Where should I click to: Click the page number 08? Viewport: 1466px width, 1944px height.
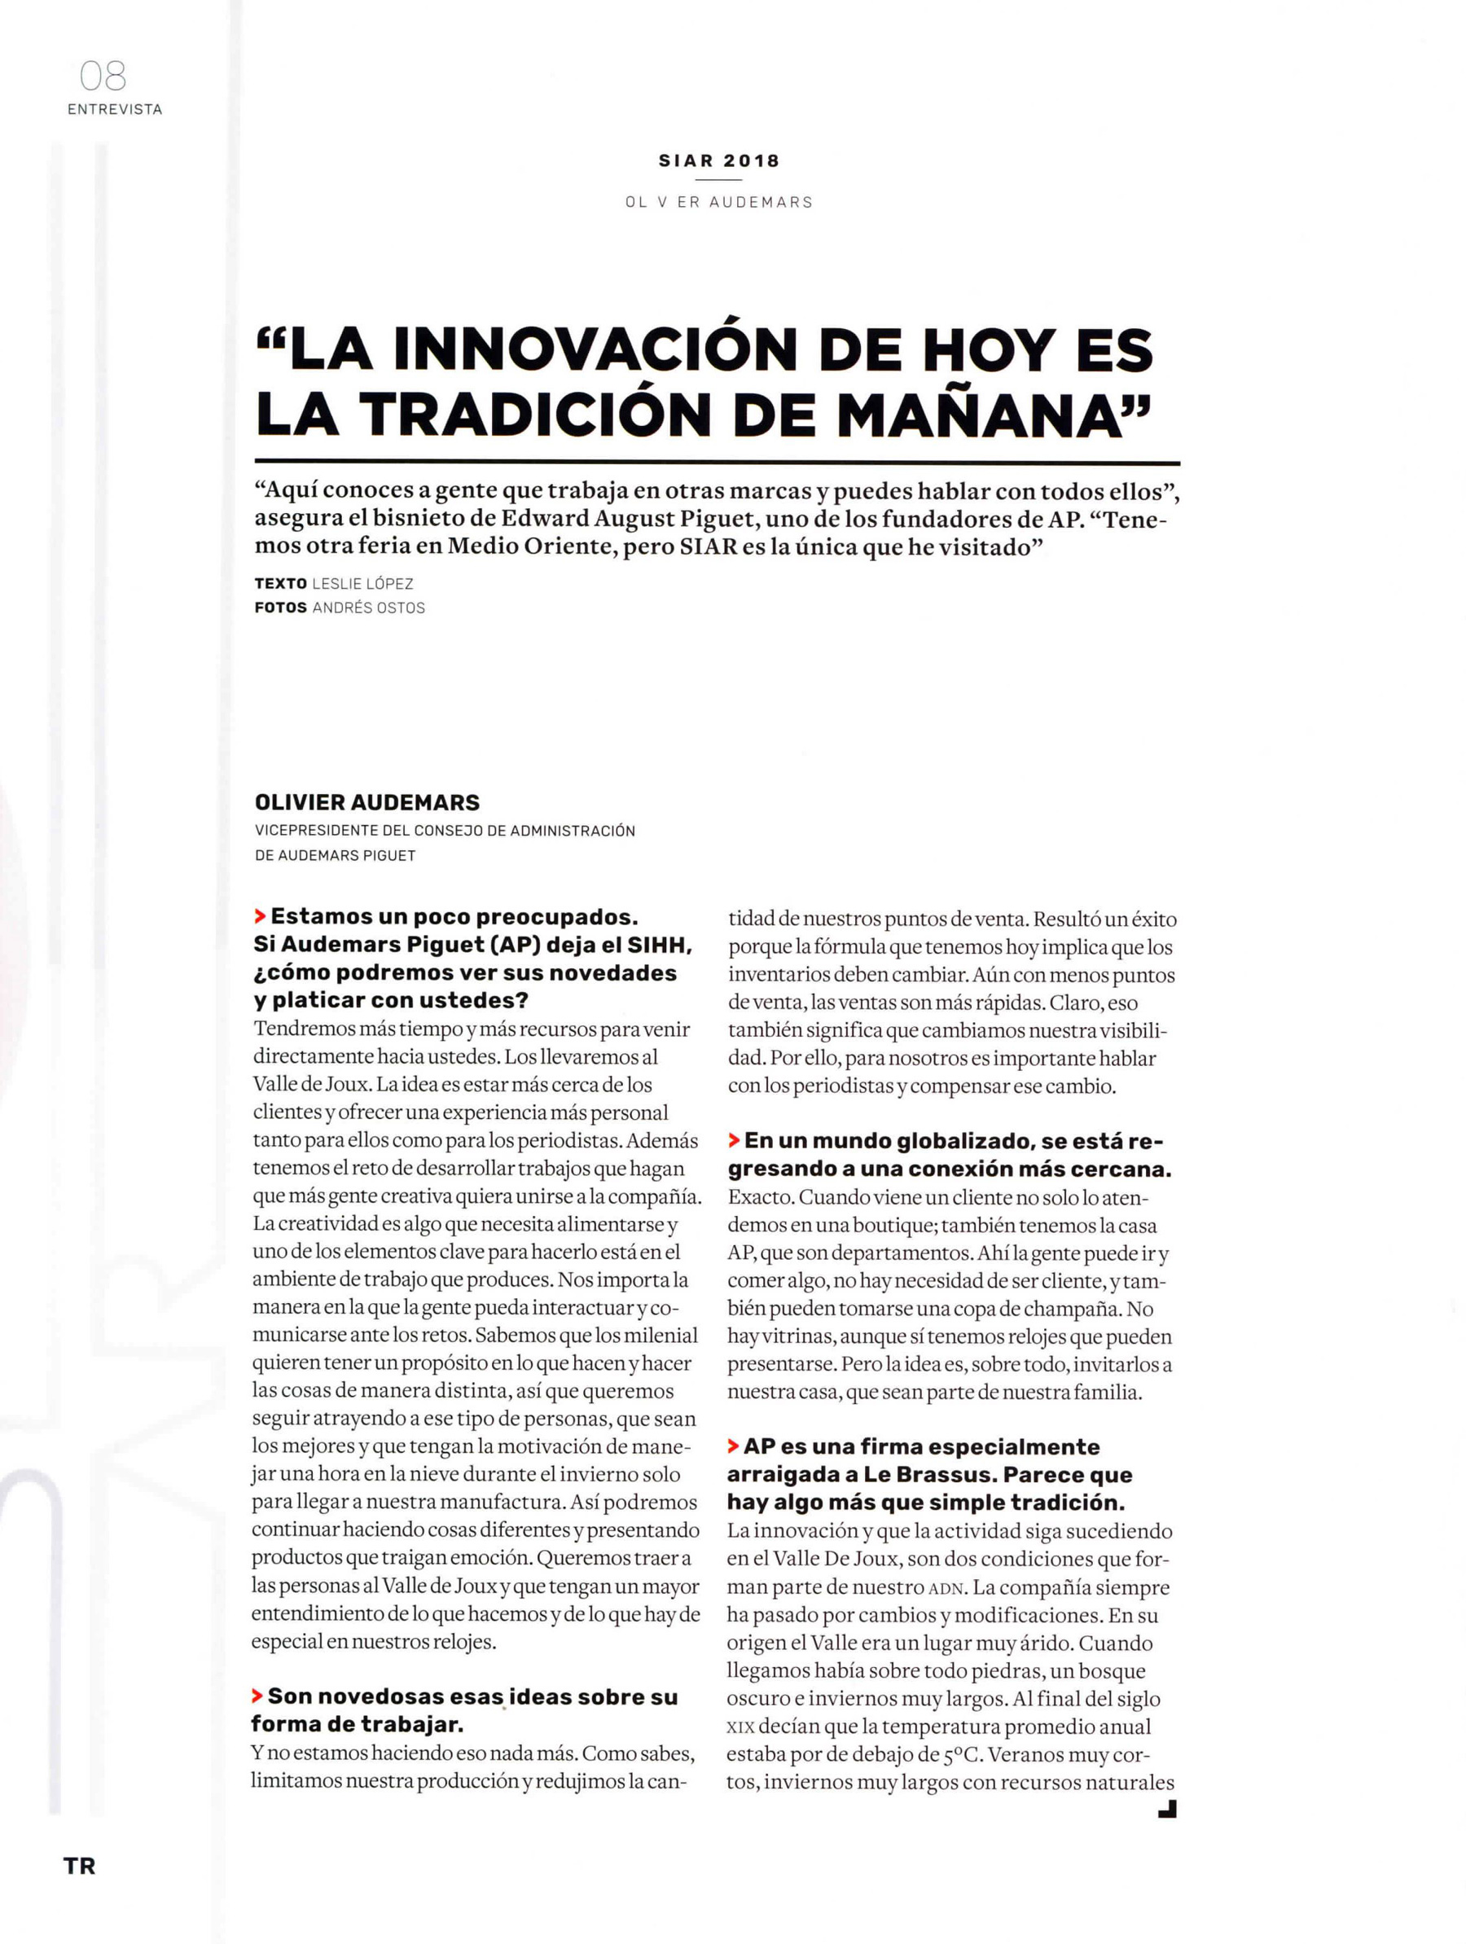click(x=103, y=77)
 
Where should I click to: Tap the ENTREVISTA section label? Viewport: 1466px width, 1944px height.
click(x=115, y=110)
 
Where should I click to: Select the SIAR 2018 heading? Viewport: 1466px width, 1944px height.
click(x=719, y=160)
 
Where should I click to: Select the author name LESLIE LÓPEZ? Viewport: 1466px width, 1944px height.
click(x=362, y=584)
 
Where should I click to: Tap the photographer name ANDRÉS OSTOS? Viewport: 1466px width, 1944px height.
click(x=368, y=608)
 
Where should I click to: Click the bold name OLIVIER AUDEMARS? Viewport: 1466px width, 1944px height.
click(x=367, y=802)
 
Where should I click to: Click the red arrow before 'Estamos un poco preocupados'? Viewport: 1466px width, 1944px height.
click(x=259, y=917)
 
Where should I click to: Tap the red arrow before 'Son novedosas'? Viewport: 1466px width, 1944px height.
click(x=257, y=1696)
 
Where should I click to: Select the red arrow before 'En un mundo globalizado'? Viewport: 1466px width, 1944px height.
click(x=733, y=1141)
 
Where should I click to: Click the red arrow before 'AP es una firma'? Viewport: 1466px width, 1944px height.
click(x=732, y=1446)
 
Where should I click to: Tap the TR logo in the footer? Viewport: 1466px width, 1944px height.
click(x=79, y=1865)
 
